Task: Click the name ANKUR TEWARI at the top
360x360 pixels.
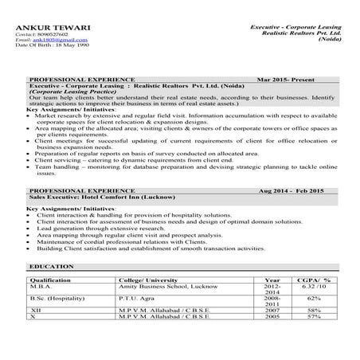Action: pyautogui.click(x=41, y=29)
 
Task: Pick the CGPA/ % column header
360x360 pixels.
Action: pyautogui.click(x=316, y=281)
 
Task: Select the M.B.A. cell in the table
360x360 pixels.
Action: pyautogui.click(x=41, y=288)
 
